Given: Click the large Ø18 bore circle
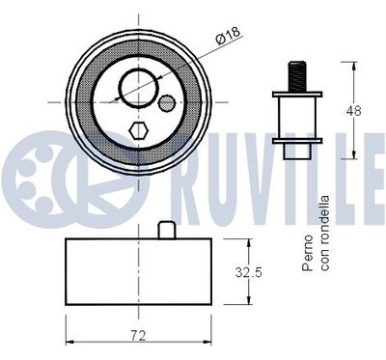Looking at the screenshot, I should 134,85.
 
